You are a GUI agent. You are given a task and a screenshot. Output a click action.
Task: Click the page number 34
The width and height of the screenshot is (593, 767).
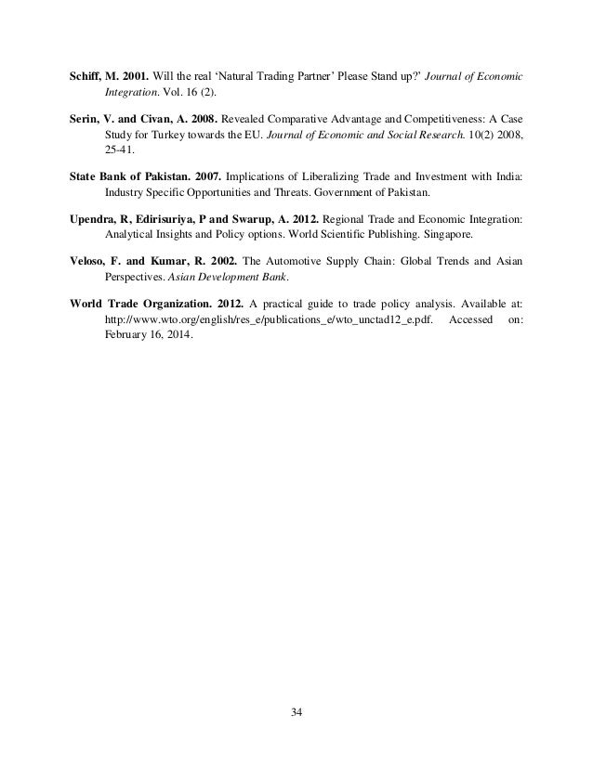[296, 712]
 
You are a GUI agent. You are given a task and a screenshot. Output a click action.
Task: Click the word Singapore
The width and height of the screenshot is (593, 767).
[440, 232]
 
